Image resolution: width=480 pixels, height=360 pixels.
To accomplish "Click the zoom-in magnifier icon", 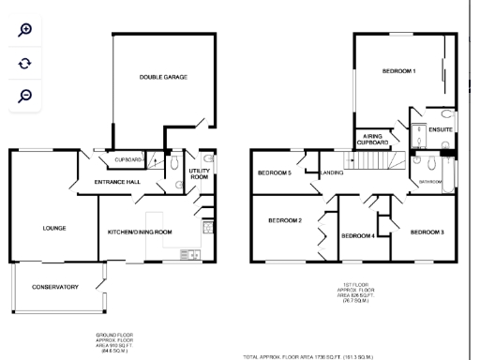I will pos(25,29).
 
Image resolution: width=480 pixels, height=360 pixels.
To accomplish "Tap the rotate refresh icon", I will pos(25,63).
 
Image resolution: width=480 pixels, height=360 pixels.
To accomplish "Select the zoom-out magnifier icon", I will pos(25,96).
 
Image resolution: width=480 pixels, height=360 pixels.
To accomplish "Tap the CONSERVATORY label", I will pos(55,287).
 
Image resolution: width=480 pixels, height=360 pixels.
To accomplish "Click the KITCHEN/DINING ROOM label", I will pos(140,231).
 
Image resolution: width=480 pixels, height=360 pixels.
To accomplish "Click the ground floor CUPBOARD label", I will pos(128,159).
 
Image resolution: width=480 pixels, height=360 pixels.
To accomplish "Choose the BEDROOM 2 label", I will pos(285,220).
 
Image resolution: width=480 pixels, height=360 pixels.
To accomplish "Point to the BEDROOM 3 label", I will pos(427,231).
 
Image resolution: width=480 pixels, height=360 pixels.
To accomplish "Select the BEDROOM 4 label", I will pos(357,235).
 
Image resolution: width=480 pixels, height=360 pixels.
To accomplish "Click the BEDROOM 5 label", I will pos(274,172).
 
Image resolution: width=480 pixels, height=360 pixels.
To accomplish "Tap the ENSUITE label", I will pos(441,128).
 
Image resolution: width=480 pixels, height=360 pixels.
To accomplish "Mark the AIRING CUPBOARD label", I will pos(370,139).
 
